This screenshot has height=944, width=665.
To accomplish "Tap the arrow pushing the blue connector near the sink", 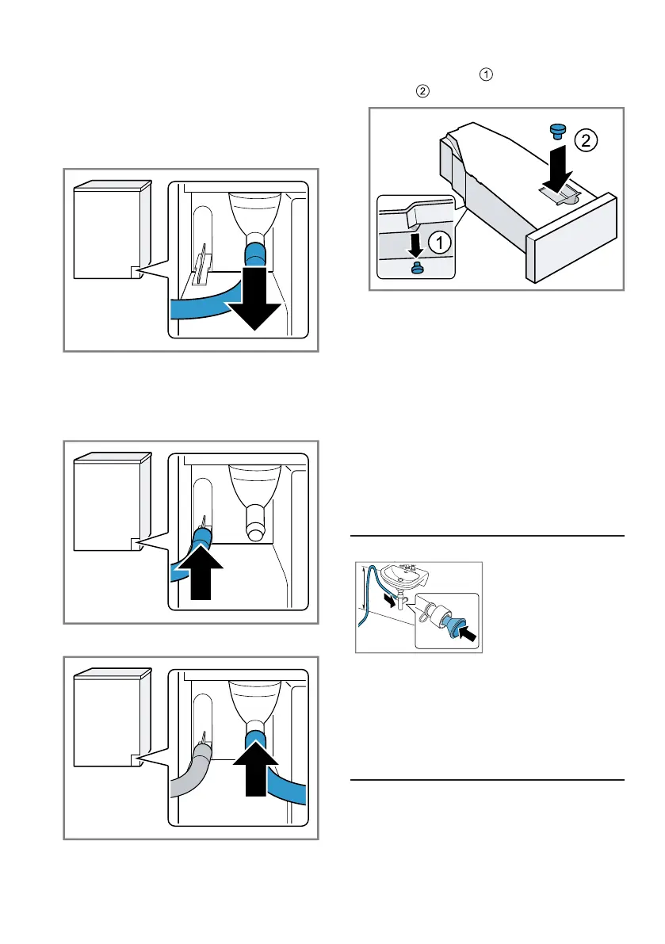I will [469, 634].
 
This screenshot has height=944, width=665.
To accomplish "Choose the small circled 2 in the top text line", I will [422, 92].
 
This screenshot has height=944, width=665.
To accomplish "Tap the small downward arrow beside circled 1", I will [414, 244].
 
